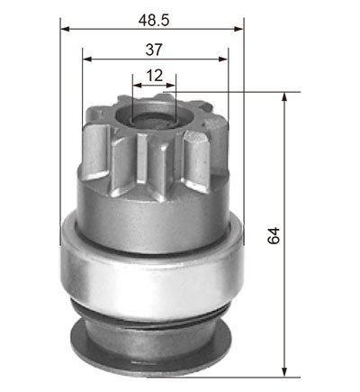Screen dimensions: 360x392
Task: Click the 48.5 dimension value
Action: point(154,20)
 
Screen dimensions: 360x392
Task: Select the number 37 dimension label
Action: point(154,50)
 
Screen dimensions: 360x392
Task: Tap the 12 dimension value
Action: point(155,76)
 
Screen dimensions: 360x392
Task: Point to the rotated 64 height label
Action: point(274,235)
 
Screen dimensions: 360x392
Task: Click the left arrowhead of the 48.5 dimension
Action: point(65,29)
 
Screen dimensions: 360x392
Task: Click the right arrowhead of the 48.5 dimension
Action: point(238,29)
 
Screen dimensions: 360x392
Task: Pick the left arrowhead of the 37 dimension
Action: point(87,59)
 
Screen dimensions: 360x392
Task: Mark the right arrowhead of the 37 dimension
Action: point(223,59)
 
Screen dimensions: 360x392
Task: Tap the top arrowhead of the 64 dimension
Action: point(284,97)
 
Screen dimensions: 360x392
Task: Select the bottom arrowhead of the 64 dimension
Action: point(284,371)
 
